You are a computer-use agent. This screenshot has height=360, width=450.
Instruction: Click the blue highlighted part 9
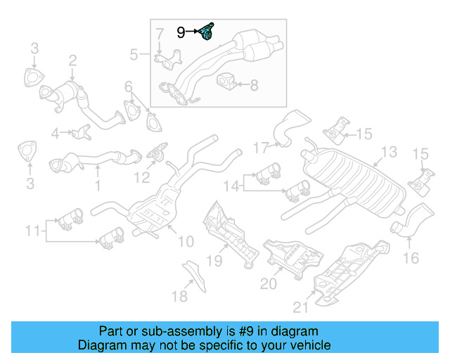(x=207, y=32)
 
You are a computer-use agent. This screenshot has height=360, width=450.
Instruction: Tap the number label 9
(x=181, y=32)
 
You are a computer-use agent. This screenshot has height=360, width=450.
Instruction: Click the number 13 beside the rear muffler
(x=388, y=152)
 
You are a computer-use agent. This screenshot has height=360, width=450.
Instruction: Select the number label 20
(x=269, y=283)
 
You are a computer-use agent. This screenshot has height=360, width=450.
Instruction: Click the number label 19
(x=214, y=261)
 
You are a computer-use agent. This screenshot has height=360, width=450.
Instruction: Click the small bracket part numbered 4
(x=82, y=131)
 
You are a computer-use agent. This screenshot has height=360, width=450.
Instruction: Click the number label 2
(x=72, y=62)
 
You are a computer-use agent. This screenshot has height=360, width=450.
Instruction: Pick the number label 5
(x=134, y=54)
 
